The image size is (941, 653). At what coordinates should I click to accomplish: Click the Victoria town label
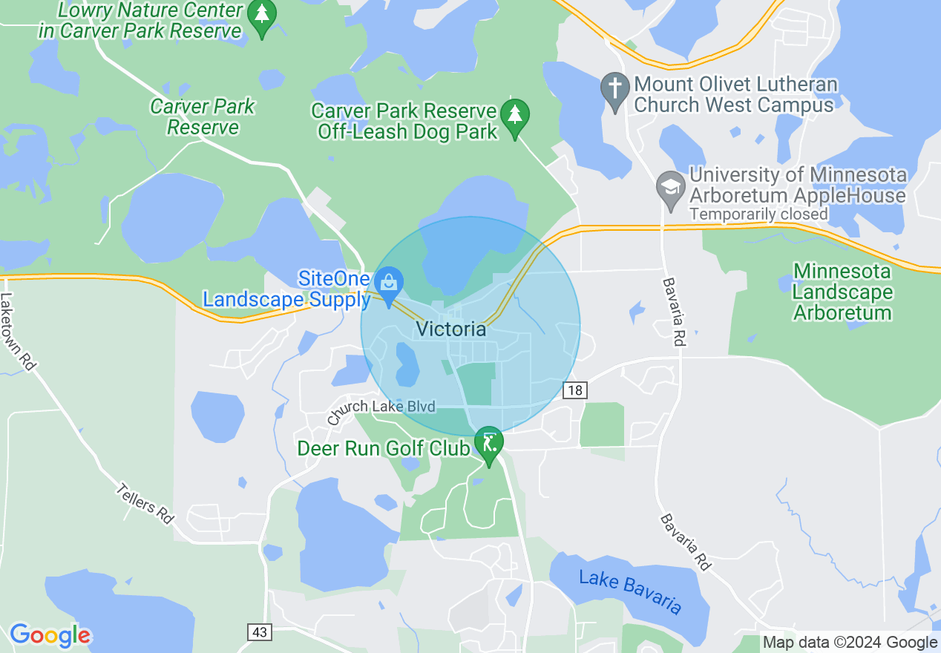tap(451, 329)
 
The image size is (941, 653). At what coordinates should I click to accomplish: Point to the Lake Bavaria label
tap(630, 591)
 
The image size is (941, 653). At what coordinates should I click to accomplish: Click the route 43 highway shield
tap(259, 632)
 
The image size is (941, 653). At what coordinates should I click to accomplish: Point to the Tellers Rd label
tap(145, 504)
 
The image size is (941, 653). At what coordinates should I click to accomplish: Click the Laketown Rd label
tap(18, 331)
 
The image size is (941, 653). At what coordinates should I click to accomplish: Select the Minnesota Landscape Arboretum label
tap(842, 292)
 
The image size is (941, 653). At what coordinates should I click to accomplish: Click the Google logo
tap(50, 635)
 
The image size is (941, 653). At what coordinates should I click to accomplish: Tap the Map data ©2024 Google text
tap(850, 643)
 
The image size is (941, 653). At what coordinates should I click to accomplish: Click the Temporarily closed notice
tap(758, 214)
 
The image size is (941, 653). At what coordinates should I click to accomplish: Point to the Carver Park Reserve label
tap(203, 117)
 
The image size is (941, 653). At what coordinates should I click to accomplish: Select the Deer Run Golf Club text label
tap(383, 448)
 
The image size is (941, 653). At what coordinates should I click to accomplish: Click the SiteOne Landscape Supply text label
tap(286, 289)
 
